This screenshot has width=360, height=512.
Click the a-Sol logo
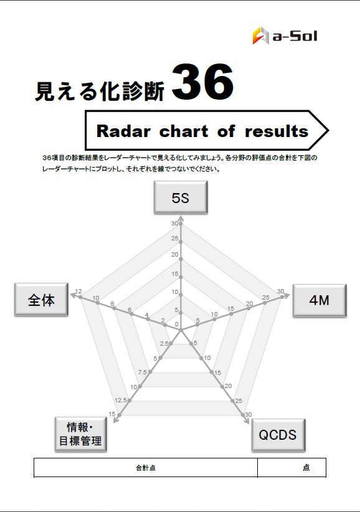[x=285, y=36]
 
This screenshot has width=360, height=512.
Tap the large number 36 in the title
[x=202, y=82]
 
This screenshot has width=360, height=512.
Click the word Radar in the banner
[x=123, y=131]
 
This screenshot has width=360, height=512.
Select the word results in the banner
[x=277, y=131]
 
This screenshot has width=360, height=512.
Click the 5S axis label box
[x=181, y=197]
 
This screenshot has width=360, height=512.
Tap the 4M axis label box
[x=319, y=300]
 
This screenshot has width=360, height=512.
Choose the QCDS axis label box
[x=278, y=435]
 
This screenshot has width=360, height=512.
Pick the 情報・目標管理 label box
[x=80, y=434]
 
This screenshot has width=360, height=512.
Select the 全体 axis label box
[x=41, y=300]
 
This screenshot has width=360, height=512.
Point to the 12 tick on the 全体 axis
[x=78, y=292]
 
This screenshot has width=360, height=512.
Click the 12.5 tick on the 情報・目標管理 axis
[x=120, y=400]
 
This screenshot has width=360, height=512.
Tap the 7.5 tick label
[x=142, y=372]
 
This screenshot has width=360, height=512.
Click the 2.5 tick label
[x=164, y=343]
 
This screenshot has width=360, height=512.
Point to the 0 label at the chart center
[x=177, y=325]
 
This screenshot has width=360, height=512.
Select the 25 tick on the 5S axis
[x=175, y=239]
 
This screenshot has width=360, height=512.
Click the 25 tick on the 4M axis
[x=266, y=298]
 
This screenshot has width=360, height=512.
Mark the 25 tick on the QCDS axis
[x=239, y=401]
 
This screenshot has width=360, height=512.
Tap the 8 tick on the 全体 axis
[x=112, y=304]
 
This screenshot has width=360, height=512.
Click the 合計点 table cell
[x=146, y=468]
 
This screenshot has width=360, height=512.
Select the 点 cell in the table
[x=291, y=468]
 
